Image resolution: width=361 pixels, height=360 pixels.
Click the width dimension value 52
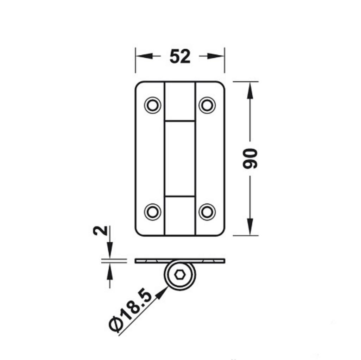click(x=180, y=56)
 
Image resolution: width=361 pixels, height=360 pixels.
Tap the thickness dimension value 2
click(x=100, y=231)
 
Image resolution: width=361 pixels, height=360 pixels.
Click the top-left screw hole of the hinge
click(x=152, y=105)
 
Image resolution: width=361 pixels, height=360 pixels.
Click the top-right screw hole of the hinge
click(x=207, y=105)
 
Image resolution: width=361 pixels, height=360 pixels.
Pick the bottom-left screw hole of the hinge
click(x=152, y=212)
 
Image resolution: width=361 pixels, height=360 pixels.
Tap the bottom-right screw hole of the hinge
click(x=207, y=212)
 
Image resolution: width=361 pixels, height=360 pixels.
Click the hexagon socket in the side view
click(x=180, y=275)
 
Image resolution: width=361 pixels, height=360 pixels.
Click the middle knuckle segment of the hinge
click(x=180, y=159)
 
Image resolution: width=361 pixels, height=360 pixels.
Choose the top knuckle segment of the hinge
click(x=180, y=101)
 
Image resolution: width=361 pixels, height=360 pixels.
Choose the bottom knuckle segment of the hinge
click(x=180, y=216)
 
